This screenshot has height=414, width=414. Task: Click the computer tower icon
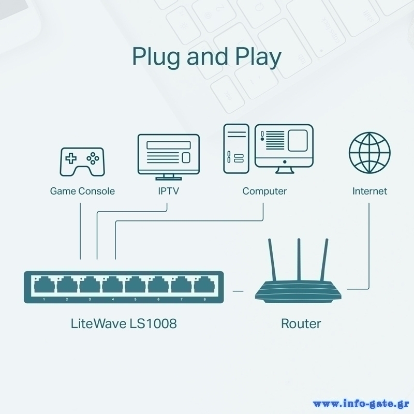[235, 149]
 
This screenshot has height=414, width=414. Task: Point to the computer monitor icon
[284, 147]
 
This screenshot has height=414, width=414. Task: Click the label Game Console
[82, 191]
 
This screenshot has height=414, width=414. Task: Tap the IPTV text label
[168, 191]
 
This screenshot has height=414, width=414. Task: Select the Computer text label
[264, 191]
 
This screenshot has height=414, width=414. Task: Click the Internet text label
[369, 191]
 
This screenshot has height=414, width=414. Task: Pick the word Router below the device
[301, 324]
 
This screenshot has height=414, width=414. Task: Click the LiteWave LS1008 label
[123, 324]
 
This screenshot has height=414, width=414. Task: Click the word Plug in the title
[157, 56]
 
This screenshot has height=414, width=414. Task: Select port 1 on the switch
[45, 285]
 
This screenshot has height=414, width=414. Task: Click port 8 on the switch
[203, 285]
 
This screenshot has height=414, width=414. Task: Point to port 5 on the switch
[136, 285]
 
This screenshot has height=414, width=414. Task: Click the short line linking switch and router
[238, 291]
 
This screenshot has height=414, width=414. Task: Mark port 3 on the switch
[90, 285]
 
